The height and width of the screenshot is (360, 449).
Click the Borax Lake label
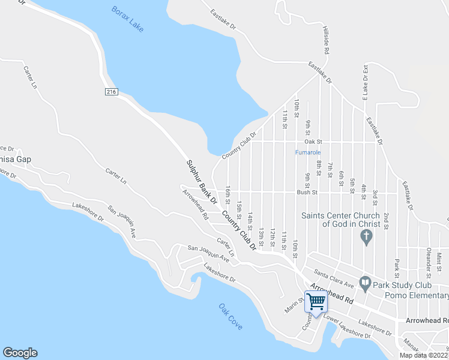click(x=127, y=19)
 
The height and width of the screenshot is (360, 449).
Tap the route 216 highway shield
click(x=110, y=92)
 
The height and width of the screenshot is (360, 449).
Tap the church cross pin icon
click(x=365, y=238)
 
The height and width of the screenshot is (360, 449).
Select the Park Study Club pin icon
click(x=365, y=282)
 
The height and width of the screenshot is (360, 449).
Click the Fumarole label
click(x=309, y=152)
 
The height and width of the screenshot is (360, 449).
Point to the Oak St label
click(x=313, y=142)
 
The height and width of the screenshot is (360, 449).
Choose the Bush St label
click(x=307, y=193)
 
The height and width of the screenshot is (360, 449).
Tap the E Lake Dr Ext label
click(x=364, y=83)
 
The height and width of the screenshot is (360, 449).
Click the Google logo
click(x=20, y=352)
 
